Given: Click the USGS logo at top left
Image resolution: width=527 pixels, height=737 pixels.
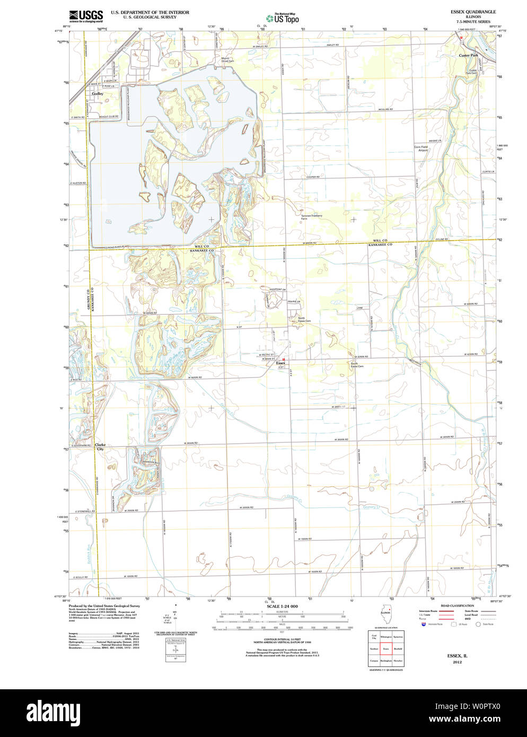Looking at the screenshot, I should [85, 15].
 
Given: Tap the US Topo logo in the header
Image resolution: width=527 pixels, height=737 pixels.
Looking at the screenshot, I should [282, 18].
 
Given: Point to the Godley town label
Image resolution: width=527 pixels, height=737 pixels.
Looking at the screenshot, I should [98, 93].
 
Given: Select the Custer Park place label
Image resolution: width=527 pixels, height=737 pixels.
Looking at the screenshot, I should [468, 55].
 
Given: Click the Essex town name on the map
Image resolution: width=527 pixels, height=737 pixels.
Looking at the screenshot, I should [280, 363].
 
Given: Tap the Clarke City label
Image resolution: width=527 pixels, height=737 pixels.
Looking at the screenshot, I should [100, 447].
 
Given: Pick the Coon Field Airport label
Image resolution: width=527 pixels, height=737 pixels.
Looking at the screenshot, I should [421, 148].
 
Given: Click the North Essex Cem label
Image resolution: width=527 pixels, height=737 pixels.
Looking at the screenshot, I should [304, 320].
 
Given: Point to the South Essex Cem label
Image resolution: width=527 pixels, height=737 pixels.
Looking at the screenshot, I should [357, 365].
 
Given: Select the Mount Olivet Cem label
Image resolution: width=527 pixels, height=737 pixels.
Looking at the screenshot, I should [227, 60].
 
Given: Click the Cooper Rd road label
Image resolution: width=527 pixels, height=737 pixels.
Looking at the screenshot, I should [313, 177].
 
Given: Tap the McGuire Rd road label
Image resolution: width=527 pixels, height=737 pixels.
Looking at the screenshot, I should [385, 109].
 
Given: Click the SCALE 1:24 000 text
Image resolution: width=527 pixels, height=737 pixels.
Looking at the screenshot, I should [282, 606].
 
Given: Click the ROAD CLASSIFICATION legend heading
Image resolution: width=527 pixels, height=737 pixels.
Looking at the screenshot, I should [456, 606].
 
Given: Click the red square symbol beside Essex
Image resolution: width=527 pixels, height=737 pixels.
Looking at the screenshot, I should [284, 358].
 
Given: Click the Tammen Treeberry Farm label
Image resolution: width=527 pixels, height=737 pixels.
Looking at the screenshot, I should [311, 217].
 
